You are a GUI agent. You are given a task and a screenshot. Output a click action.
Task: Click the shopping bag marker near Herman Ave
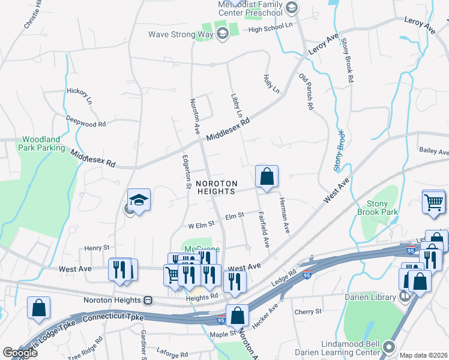coord(267,177)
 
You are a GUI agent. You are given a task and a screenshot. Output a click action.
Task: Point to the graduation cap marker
coord(139,200)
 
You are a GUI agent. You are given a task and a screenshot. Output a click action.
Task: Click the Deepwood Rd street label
coord(86,121)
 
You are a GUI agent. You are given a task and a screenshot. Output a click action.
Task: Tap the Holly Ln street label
coord(271,83)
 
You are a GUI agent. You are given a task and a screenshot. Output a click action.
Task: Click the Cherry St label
coord(309,312)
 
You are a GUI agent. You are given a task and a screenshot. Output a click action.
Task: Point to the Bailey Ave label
coord(434,150)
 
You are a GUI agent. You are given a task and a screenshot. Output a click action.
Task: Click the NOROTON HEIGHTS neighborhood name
coord(215,187)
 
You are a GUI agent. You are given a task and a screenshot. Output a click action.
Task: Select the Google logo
coord(20,353)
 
